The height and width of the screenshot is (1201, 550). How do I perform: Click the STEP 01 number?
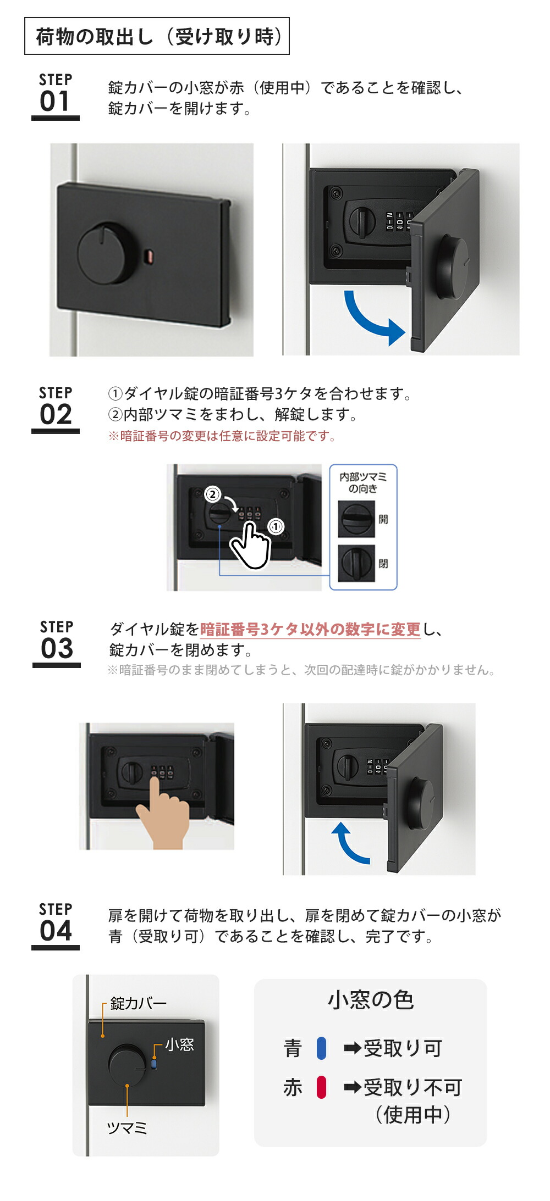click(x=55, y=101)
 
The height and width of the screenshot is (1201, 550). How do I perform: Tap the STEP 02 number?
click(x=56, y=414)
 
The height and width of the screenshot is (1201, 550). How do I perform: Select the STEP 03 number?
click(x=57, y=648)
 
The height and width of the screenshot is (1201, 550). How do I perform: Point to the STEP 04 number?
click(x=56, y=931)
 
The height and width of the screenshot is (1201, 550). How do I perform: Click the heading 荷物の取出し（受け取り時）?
click(x=157, y=37)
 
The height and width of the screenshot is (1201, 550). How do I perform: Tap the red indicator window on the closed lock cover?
click(x=149, y=255)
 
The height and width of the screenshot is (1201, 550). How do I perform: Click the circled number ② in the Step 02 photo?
click(x=213, y=494)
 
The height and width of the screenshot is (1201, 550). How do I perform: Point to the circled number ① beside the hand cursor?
click(x=276, y=526)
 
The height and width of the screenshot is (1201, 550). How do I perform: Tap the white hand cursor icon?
click(x=250, y=547)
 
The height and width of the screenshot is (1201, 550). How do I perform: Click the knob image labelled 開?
click(x=356, y=519)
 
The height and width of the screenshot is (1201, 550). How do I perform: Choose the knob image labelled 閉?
click(x=356, y=563)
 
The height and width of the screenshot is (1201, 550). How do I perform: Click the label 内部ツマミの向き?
click(x=363, y=482)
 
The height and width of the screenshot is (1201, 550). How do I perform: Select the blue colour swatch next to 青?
click(x=322, y=1048)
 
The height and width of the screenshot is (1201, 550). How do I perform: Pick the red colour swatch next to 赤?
click(x=322, y=1087)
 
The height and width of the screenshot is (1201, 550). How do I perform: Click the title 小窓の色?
click(x=370, y=1000)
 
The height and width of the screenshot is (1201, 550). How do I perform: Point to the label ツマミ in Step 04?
click(x=127, y=1128)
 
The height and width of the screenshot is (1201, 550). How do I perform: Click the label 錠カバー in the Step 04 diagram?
click(x=138, y=1003)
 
